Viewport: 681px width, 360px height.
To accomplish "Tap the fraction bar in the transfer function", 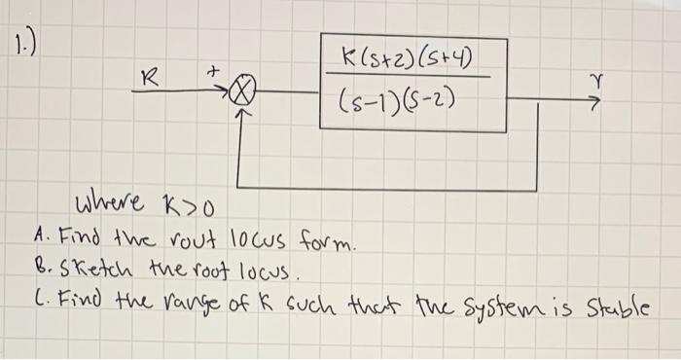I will tap(408, 76).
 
